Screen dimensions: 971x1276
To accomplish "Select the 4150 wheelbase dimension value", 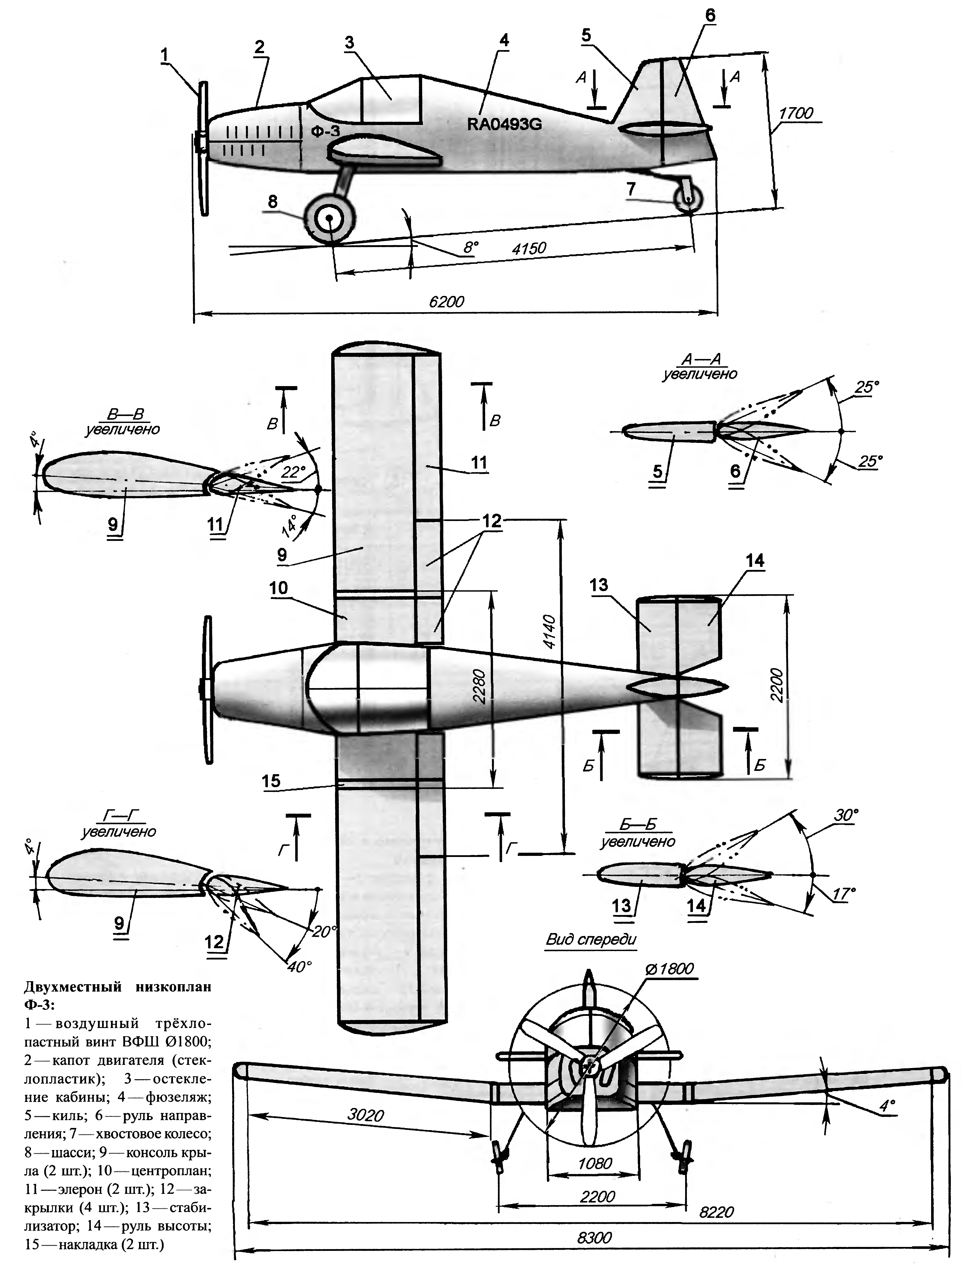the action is (529, 249).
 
